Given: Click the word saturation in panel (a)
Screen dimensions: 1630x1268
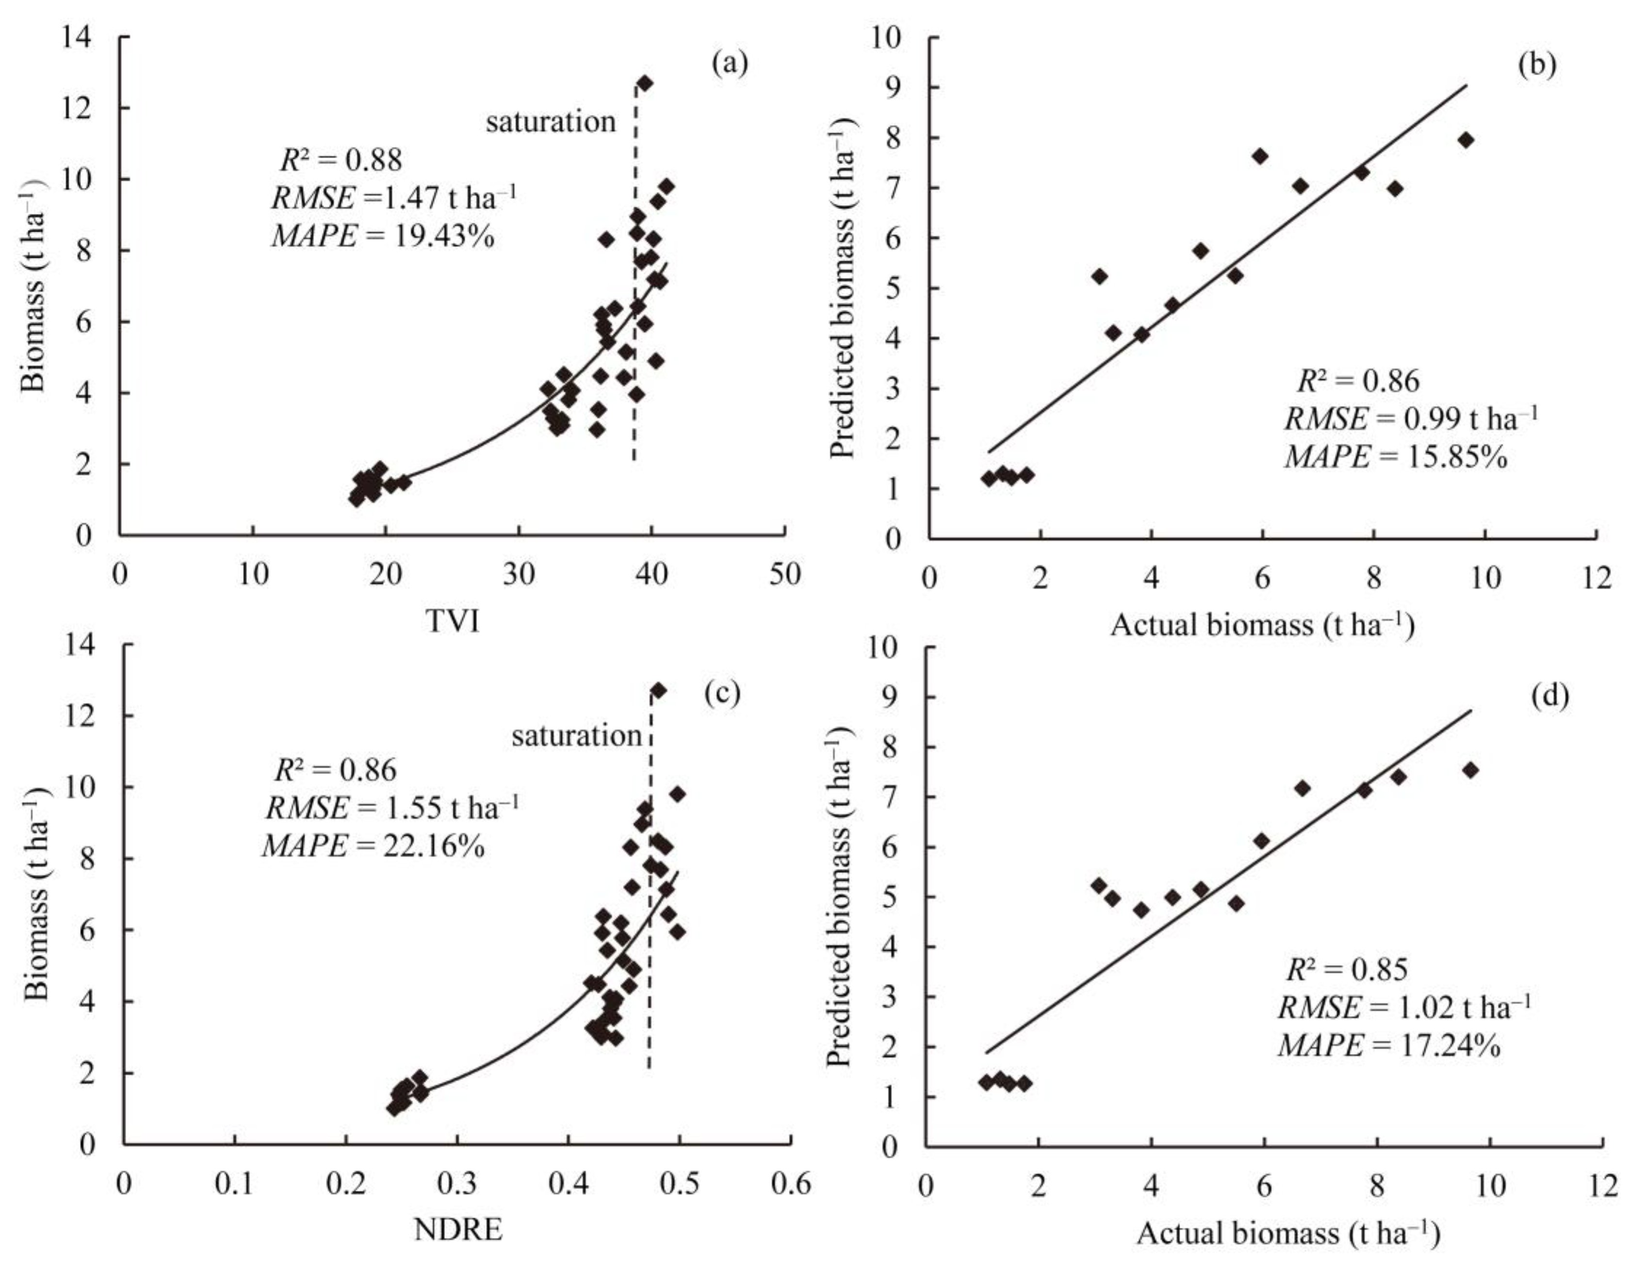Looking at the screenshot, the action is click(551, 121).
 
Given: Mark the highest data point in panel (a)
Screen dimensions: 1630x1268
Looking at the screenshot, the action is click(645, 83).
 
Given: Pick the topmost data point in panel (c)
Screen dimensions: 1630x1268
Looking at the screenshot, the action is click(658, 690).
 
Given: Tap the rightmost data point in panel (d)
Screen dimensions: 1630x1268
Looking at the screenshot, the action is click(1470, 769).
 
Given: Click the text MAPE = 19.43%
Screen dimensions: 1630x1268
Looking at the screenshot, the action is click(383, 236).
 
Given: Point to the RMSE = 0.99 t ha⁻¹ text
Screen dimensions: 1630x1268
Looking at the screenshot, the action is click(1411, 419).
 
